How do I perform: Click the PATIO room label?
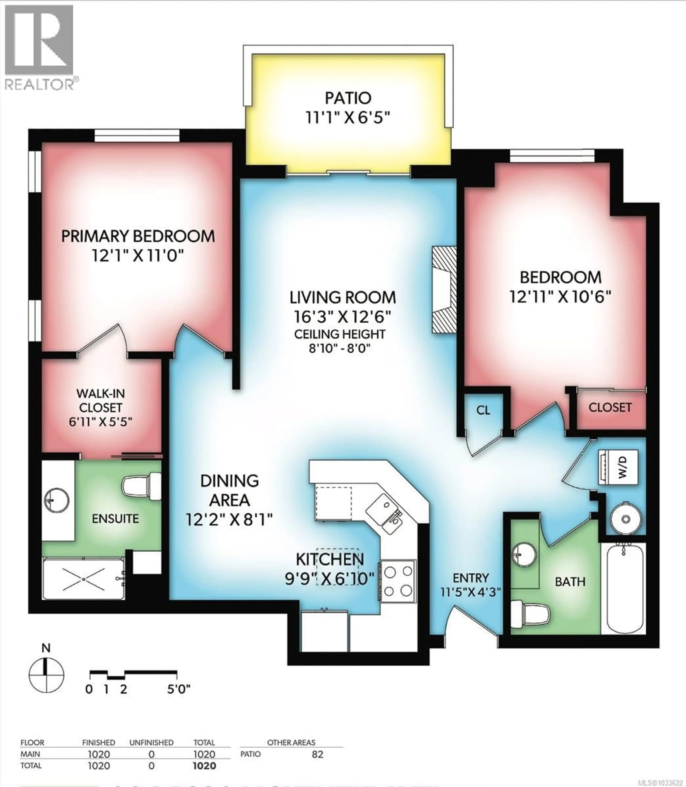(x=348, y=98)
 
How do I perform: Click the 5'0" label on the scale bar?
(x=178, y=690)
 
